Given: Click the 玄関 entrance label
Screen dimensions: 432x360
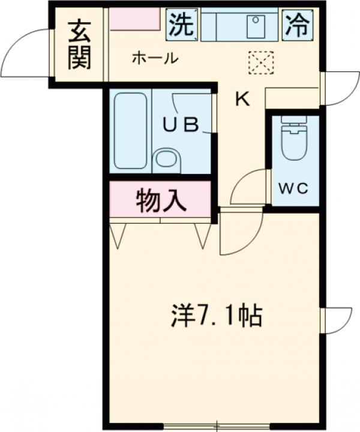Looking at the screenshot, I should click(79, 45).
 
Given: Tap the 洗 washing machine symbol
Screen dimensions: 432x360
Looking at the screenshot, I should click(181, 24).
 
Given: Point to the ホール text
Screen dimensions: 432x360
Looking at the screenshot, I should click(154, 58).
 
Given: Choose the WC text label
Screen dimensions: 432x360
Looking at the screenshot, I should click(292, 187).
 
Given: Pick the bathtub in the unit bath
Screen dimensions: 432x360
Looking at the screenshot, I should click(130, 131).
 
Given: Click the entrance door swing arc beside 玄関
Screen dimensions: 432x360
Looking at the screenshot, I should click(24, 54).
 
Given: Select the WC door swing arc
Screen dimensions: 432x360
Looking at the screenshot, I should click(247, 187).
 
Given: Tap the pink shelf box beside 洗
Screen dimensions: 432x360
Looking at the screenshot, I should click(134, 19).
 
